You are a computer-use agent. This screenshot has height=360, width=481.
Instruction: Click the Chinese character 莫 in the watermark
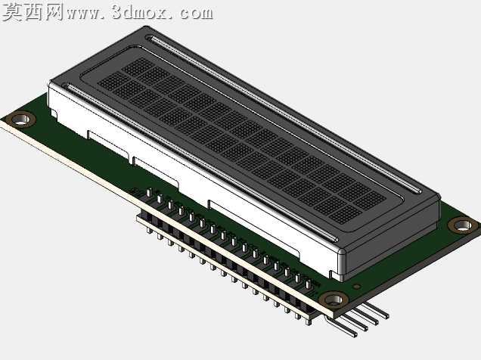tap(13, 11)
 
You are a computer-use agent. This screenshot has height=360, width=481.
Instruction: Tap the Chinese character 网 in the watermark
tap(54, 11)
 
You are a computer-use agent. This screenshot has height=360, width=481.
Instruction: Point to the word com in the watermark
tap(197, 14)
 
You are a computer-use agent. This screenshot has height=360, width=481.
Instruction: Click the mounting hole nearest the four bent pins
tap(334, 299)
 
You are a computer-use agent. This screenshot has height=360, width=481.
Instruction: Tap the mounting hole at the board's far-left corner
tap(21, 119)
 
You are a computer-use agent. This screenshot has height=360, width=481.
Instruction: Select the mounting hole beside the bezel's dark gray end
tap(463, 225)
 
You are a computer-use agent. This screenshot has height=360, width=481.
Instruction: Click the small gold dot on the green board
tap(356, 287)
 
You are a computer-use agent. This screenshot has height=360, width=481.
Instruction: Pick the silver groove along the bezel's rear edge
tap(285, 115)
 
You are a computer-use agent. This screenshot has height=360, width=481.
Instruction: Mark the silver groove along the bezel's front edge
tap(201, 162)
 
